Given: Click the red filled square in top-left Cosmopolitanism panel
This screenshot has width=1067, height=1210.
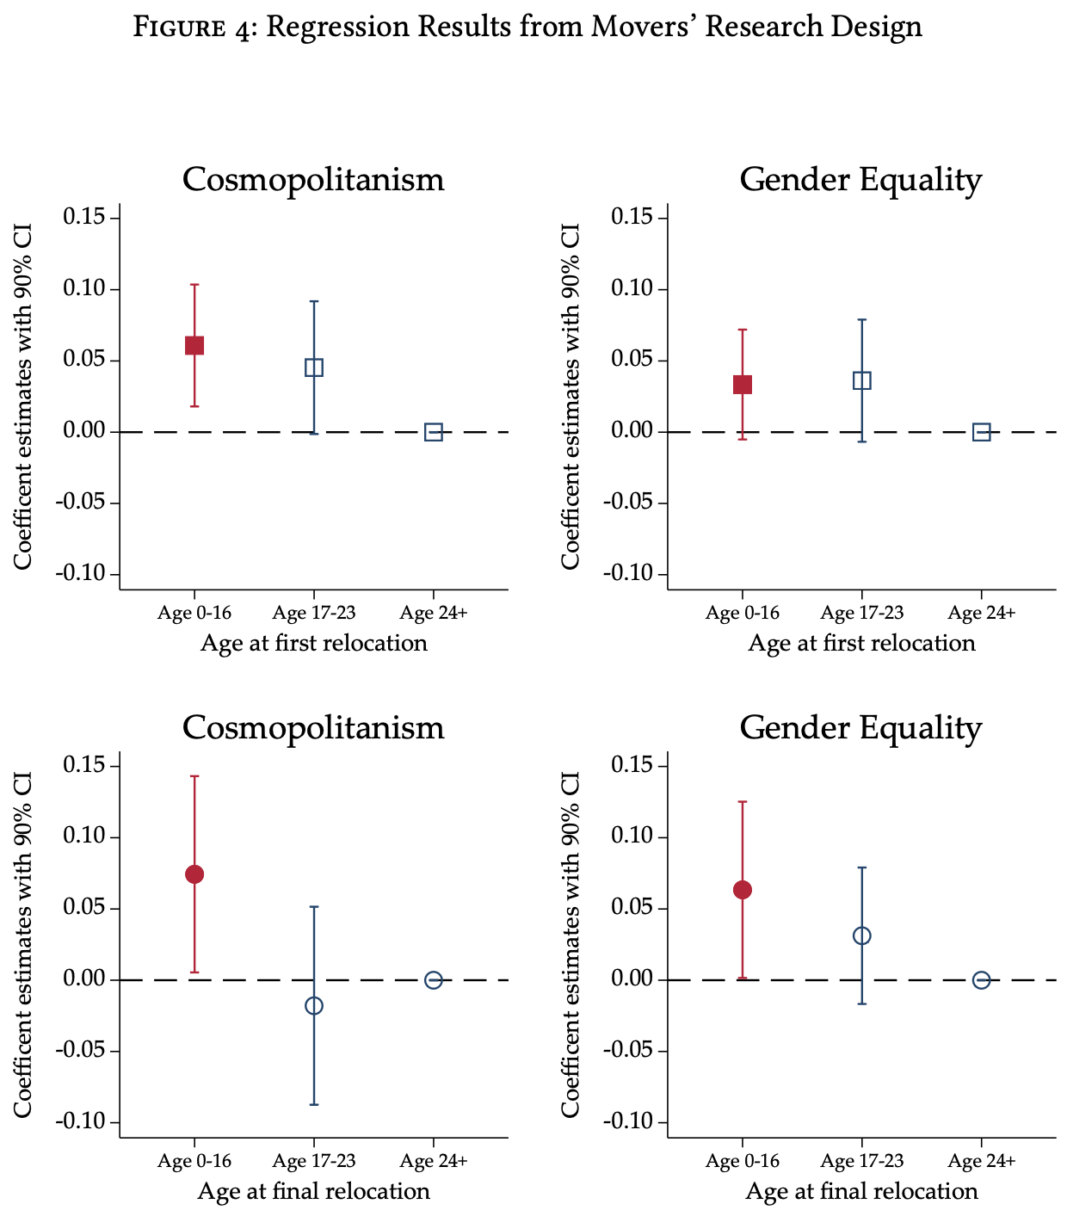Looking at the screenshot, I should pos(194,345).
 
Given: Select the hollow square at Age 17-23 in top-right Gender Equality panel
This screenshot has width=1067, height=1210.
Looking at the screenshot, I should pos(861,380).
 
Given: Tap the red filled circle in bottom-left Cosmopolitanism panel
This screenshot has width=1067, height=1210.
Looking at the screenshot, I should pos(194,874).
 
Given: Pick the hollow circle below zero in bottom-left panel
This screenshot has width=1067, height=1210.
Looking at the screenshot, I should pos(314,1005).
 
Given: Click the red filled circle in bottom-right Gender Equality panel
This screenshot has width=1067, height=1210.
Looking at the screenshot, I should pos(743,890).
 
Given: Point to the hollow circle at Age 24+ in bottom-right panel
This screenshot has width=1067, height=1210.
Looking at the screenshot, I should pos(981,980).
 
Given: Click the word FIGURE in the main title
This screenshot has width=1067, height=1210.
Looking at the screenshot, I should pos(195,28).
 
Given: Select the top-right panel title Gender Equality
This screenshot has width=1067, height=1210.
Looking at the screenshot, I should pos(860,180).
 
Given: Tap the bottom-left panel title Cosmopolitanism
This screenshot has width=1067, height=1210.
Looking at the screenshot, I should pos(313,728).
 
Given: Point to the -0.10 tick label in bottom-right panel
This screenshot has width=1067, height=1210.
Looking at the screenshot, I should pos(634,1122).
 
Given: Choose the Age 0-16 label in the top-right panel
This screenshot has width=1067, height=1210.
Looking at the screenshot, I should pos(742,613).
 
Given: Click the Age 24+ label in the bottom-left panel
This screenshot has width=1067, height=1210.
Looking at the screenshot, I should pos(434,1161).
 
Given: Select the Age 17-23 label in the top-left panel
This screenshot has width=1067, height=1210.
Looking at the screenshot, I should pos(314,613).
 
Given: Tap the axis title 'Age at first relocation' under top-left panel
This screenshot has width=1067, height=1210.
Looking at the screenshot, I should pos(314,643).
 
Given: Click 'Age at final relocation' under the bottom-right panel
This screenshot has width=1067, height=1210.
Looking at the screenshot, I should pos(861,1191).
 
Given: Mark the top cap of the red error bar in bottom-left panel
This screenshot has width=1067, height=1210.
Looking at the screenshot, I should pos(194,776).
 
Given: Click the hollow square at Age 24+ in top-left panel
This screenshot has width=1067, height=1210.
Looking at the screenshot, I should pos(434,432).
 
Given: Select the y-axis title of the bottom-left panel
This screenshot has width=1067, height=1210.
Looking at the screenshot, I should pos(23,944).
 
